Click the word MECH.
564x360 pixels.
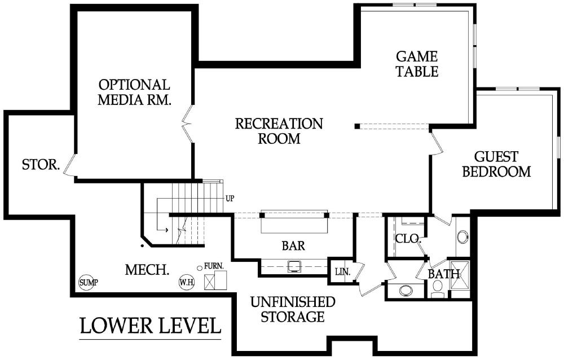(x=147, y=270)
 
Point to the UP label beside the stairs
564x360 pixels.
(x=230, y=198)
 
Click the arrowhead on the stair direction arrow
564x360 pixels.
(x=166, y=230)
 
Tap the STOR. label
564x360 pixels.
(x=41, y=165)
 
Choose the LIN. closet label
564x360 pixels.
(x=343, y=271)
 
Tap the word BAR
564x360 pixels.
(x=293, y=245)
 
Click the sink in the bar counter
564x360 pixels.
(x=294, y=266)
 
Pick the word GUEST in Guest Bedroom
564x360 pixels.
(x=496, y=157)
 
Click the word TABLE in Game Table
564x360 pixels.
(x=417, y=71)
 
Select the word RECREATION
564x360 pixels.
(x=279, y=123)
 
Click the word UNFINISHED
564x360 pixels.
(x=293, y=302)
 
